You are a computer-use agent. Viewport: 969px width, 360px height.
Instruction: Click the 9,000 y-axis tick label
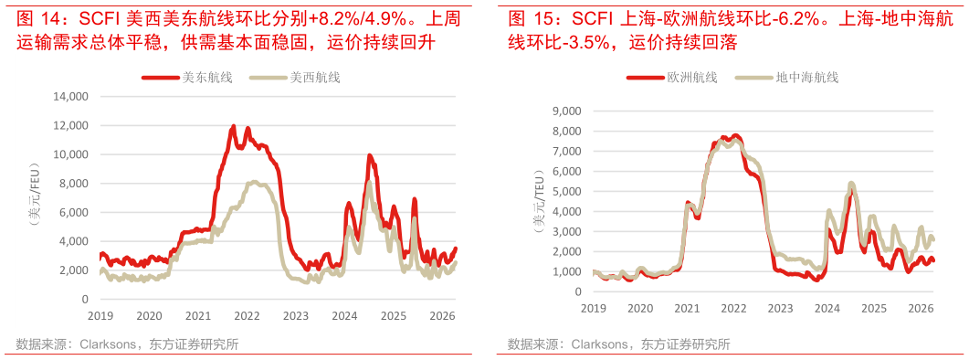[566, 111]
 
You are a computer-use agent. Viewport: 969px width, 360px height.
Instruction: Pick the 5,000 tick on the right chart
[566, 191]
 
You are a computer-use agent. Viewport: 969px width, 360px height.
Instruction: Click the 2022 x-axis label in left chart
[247, 316]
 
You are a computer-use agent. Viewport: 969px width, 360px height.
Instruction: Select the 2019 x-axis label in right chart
[594, 308]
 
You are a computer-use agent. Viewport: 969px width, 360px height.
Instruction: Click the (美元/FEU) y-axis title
[34, 198]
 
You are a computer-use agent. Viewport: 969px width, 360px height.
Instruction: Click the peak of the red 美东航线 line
[233, 126]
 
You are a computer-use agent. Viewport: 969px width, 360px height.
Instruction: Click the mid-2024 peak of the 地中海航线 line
[851, 184]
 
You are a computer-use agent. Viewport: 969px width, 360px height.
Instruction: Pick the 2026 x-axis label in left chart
[443, 316]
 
